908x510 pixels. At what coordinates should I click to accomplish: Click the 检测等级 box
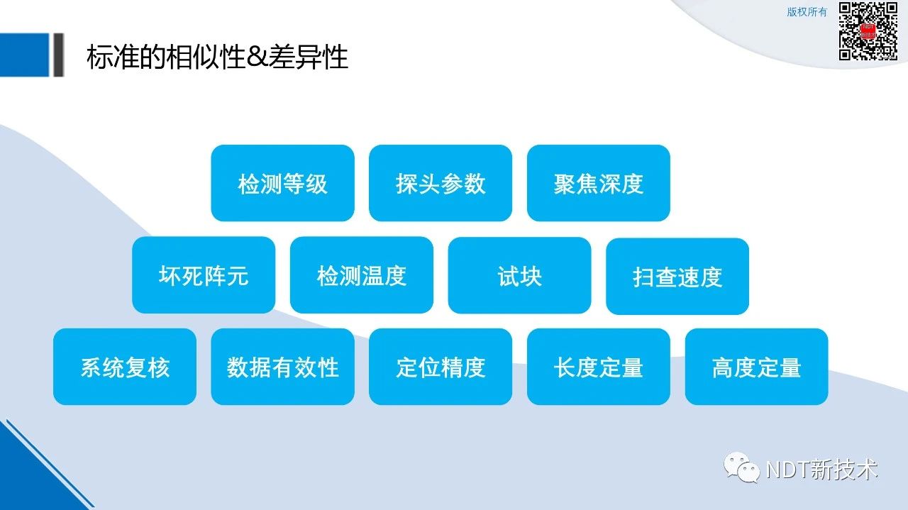coord(282,183)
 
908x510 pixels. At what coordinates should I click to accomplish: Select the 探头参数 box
coord(441,183)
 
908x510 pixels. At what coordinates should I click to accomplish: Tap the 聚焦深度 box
coord(598,183)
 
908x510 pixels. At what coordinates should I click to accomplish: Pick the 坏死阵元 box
coord(204,275)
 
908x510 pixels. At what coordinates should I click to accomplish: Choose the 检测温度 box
coord(362,275)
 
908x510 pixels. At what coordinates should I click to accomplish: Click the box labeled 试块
coord(520,276)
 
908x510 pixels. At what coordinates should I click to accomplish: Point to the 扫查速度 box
coord(677,277)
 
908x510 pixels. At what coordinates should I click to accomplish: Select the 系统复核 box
coord(125,367)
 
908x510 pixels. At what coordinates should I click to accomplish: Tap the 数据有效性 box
coord(282,367)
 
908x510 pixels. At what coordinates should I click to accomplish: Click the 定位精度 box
coord(441,367)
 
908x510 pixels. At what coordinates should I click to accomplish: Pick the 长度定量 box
coord(598,367)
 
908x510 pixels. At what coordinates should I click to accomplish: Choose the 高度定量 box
coord(756,367)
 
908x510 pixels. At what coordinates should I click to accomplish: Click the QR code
coord(868,31)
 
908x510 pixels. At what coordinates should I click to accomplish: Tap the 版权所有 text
coord(807,12)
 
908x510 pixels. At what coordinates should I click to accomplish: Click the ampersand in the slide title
coord(257,57)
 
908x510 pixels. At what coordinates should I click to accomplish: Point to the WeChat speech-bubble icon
coord(742,467)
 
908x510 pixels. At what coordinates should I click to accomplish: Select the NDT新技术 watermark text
coord(822,470)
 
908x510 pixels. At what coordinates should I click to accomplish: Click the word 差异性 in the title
coord(308,57)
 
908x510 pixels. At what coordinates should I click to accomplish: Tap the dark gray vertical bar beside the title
coord(59,55)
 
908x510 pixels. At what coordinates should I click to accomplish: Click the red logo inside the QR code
coord(868,31)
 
